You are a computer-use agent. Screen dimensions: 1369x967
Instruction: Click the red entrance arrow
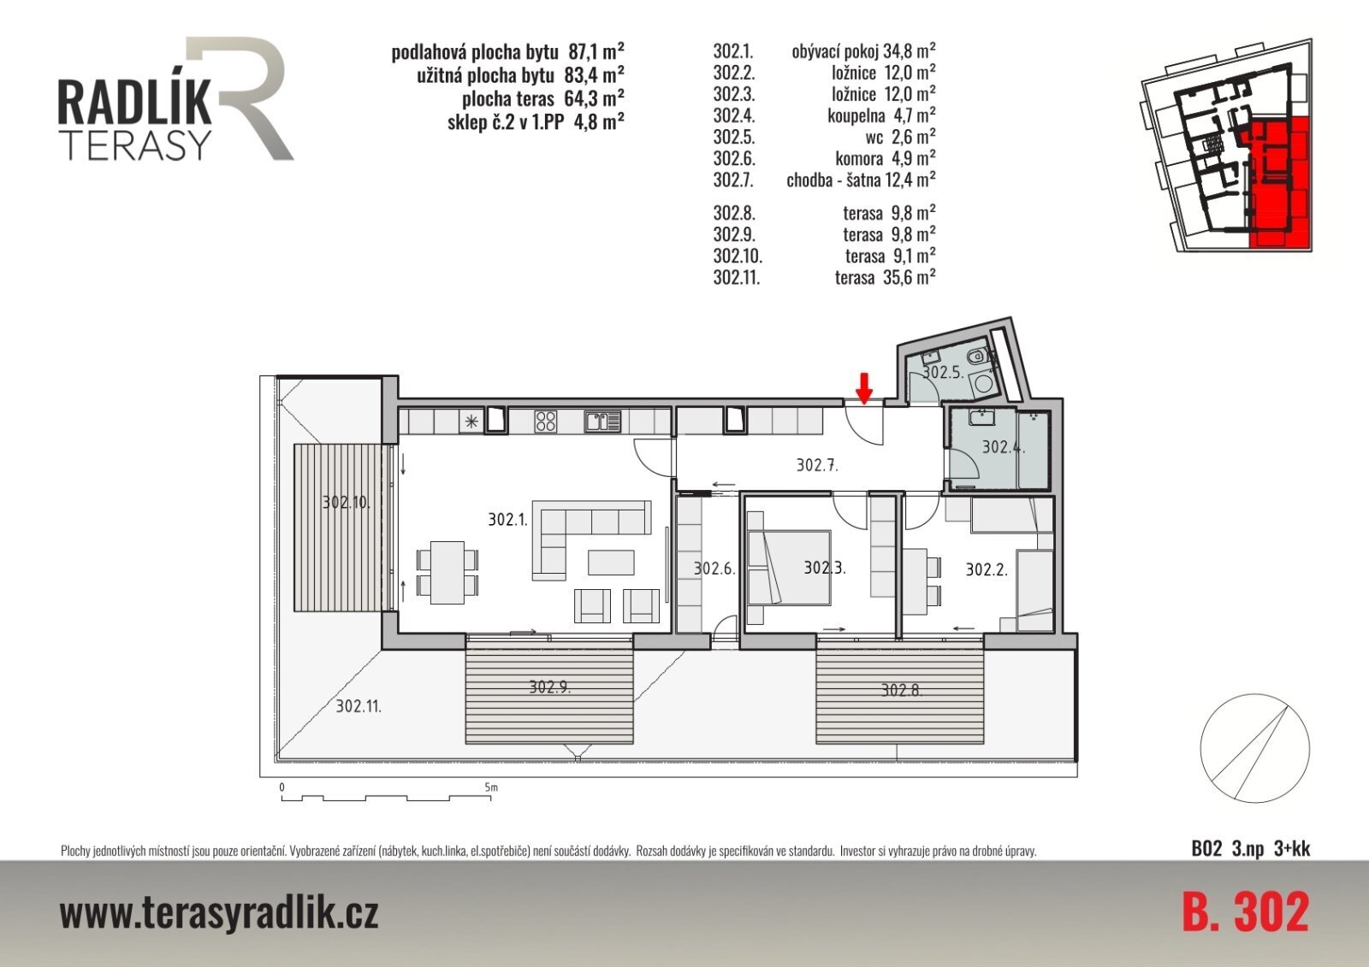[x=863, y=388]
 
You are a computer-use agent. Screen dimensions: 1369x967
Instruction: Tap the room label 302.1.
[x=507, y=519]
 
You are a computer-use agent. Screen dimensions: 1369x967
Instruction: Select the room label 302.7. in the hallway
[x=817, y=465]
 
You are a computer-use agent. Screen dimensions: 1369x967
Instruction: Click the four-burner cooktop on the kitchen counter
[x=545, y=421]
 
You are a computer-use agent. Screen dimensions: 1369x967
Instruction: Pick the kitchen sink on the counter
[x=602, y=422]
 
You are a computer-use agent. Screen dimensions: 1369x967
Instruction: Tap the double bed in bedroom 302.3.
[x=789, y=568]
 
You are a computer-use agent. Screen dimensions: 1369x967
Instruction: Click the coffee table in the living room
[x=611, y=562]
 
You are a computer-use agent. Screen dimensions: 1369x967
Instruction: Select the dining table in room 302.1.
[x=447, y=572]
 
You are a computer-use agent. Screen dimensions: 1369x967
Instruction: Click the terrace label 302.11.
[x=359, y=707]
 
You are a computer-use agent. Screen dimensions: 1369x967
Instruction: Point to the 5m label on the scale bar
[x=491, y=787]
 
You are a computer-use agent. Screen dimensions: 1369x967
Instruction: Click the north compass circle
[x=1254, y=748]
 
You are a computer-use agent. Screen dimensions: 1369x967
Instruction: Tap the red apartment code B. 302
[x=1246, y=911]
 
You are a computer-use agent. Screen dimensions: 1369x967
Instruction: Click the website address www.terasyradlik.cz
[x=219, y=912]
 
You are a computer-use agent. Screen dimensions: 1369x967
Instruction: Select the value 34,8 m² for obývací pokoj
[x=910, y=50]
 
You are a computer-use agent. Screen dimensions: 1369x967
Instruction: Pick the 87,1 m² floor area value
[x=596, y=51]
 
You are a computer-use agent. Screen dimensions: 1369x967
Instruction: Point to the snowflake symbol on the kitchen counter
[x=471, y=421]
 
